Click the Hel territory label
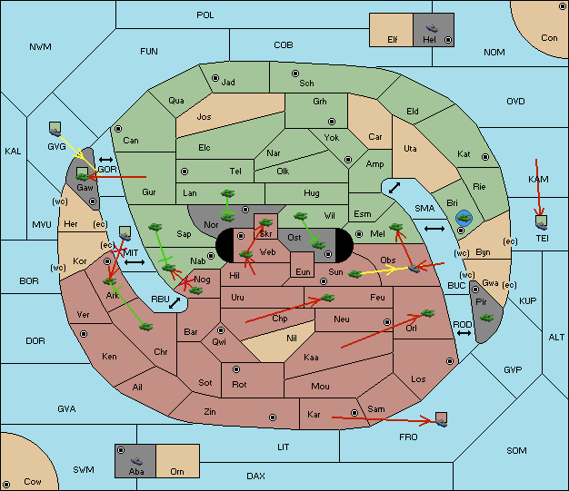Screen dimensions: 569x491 [429, 40]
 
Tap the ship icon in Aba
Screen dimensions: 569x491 [136, 461]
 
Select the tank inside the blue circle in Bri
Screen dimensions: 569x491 [464, 218]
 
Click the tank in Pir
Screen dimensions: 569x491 [486, 318]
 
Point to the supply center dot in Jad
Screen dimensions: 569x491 [215, 78]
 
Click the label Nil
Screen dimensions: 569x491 [292, 339]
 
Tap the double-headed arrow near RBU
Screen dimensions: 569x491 [175, 303]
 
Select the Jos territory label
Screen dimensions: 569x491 [204, 117]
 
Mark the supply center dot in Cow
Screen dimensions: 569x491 [6, 484]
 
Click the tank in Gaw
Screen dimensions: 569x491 [83, 176]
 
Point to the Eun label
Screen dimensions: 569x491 [303, 271]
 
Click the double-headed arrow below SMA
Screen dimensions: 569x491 [434, 229]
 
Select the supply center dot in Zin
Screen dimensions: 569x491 [273, 417]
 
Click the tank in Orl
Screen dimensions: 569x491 [427, 313]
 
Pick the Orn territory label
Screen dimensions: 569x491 [177, 471]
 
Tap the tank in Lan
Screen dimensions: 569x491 [227, 193]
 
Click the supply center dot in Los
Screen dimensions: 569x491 [450, 361]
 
